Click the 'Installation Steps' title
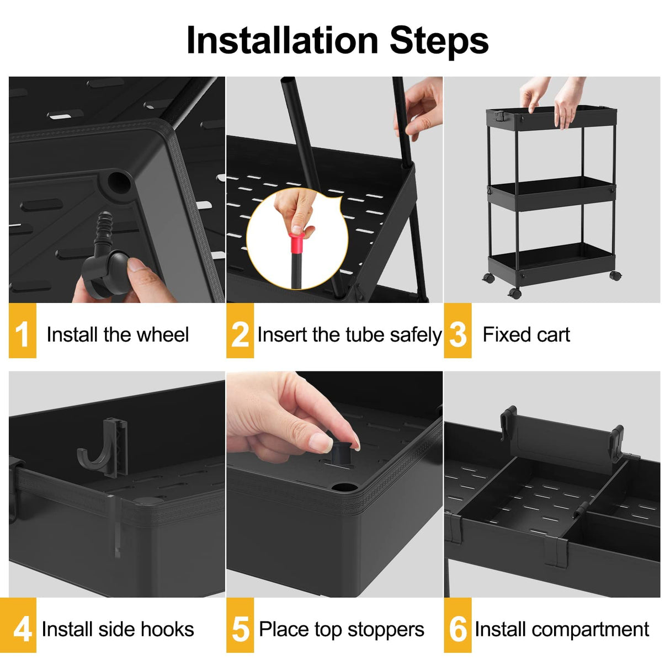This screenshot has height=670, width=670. click(337, 40)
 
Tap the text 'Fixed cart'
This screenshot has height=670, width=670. click(526, 334)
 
